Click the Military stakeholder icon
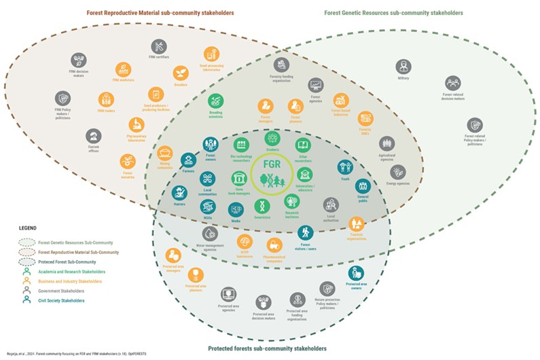tap(404, 66)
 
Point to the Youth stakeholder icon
tap(346, 166)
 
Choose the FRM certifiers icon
tap(158, 46)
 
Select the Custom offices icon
tap(94, 135)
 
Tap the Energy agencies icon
tap(397, 172)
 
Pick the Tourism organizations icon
tap(356, 223)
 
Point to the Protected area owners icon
tap(356, 273)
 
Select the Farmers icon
tap(188, 161)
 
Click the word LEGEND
tap(28, 228)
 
